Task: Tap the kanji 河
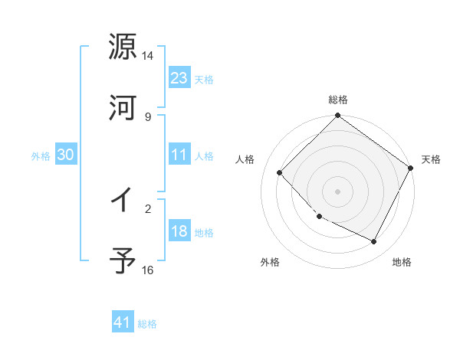[x=123, y=108]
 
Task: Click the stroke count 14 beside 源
[x=148, y=56]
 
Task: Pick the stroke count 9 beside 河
[x=148, y=116]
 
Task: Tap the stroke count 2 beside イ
[x=148, y=208]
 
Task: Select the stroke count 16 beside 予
[x=148, y=270]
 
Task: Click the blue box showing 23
[x=179, y=77]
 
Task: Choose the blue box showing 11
[x=179, y=155]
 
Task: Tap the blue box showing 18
[x=179, y=231]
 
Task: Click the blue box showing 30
[x=66, y=155]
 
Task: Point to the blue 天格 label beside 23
[x=204, y=80]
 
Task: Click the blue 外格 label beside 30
[x=41, y=156]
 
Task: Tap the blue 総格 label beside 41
[x=147, y=325]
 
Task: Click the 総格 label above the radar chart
[x=338, y=100]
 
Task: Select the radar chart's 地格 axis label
[x=402, y=263]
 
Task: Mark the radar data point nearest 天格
[x=410, y=168]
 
